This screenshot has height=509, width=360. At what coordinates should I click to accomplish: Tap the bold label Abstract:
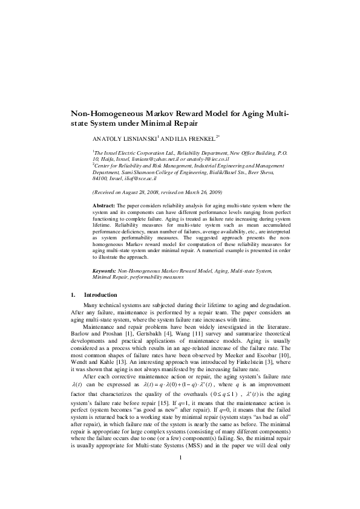coord(103,206)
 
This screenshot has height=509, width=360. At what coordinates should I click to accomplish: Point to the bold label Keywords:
coord(105,271)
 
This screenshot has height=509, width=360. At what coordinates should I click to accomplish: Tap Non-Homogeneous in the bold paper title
coord(105,113)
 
